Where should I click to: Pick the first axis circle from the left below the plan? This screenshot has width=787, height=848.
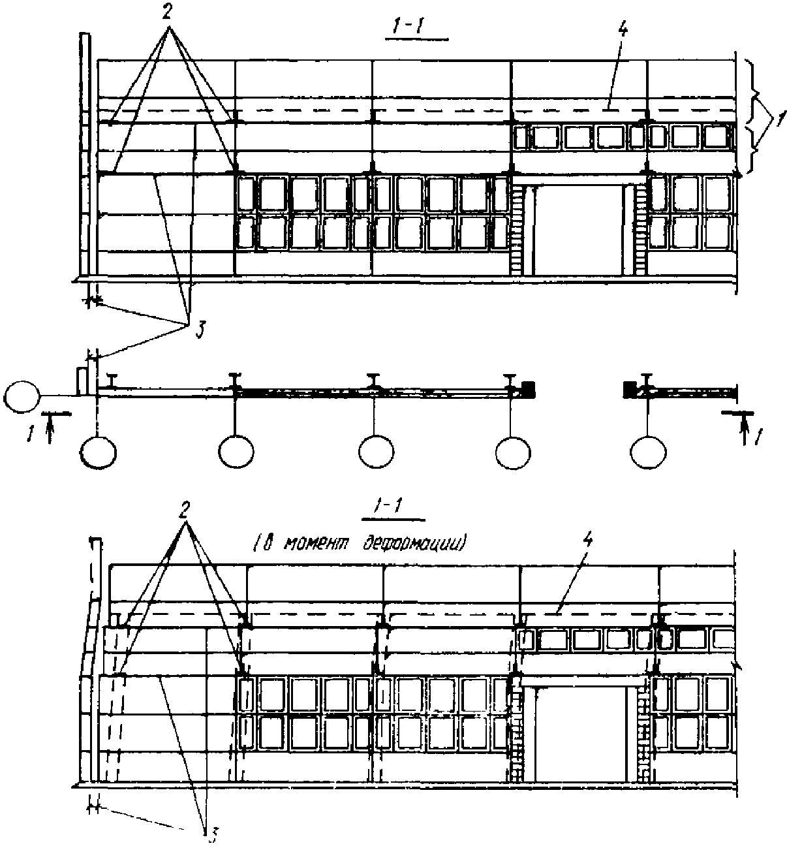pyautogui.click(x=99, y=452)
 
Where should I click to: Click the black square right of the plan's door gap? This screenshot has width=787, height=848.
pyautogui.click(x=629, y=390)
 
